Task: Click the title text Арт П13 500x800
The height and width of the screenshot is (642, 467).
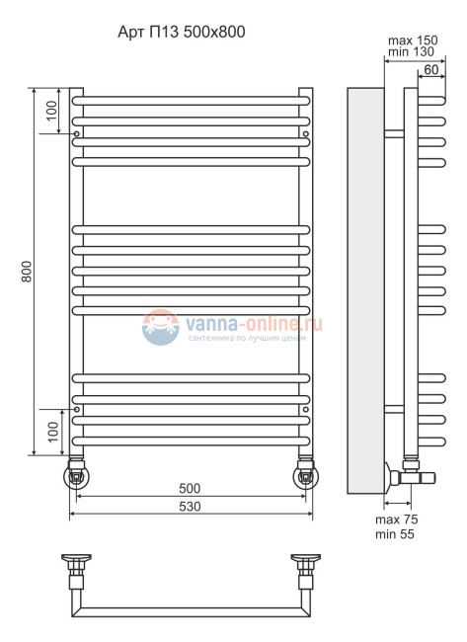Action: coord(182,32)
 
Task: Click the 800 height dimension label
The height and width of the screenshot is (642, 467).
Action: coord(27,271)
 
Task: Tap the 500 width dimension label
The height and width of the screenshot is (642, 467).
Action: coord(190,488)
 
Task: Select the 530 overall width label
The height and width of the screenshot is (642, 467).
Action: coord(190,507)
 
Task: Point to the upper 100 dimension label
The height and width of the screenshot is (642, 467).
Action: coord(52,111)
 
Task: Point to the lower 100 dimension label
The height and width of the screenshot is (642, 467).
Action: coord(53,432)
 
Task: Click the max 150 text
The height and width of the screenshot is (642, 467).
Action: coord(413,40)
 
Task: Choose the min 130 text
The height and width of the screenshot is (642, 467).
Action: coord(411,51)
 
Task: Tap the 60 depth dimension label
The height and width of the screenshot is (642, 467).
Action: coord(431,69)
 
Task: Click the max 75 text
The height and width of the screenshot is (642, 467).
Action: coord(397,520)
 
